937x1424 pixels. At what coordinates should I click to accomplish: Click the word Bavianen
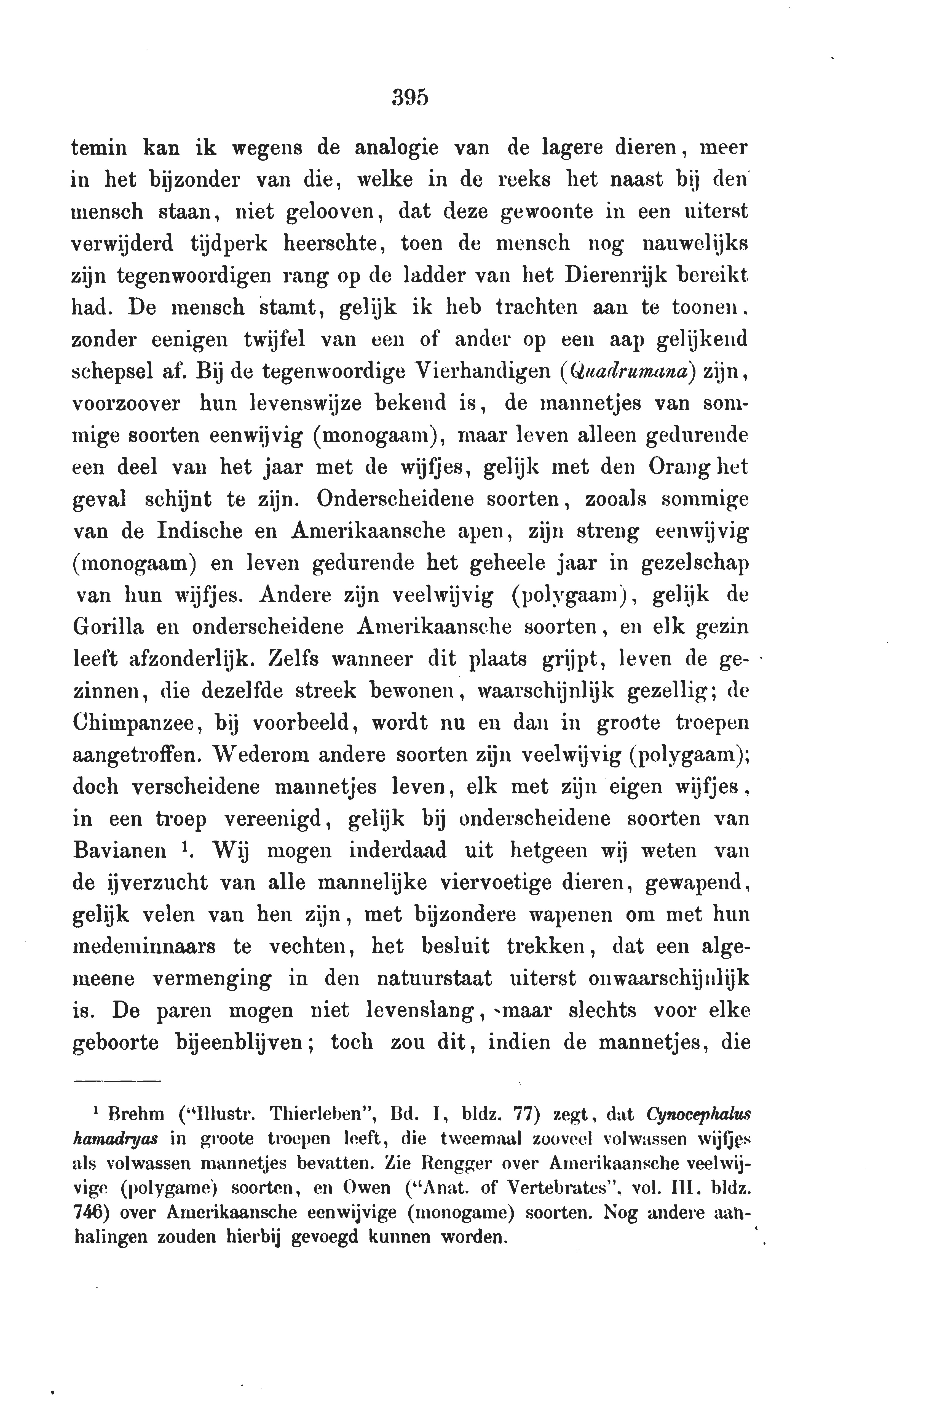tap(119, 851)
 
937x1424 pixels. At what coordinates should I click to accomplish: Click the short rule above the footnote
tap(117, 1081)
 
